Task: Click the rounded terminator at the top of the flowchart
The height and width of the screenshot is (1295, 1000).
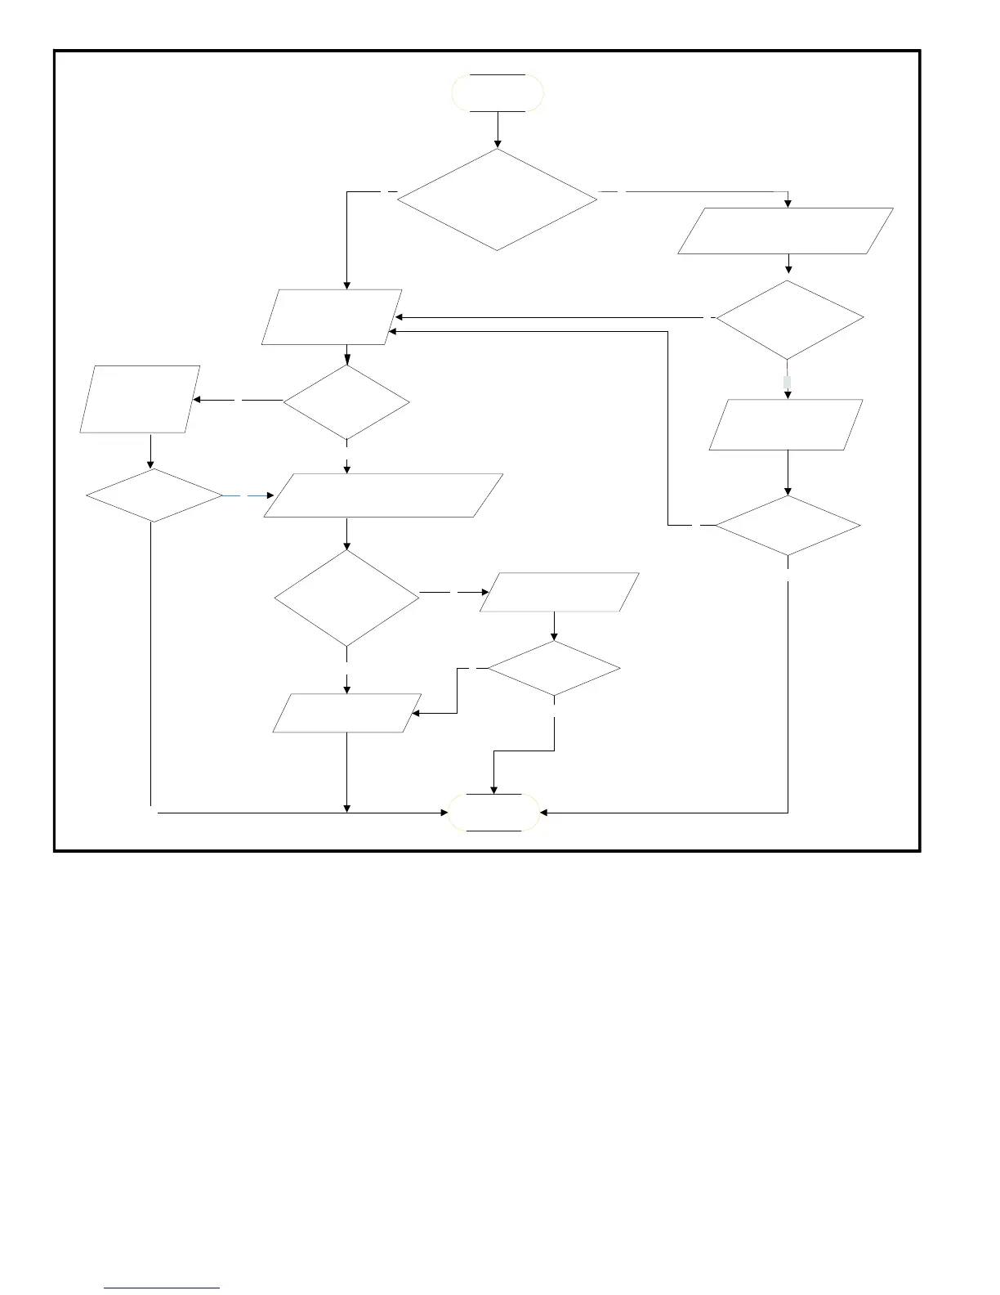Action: coord(498,92)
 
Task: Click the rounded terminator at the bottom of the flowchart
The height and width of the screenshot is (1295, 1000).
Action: coord(493,813)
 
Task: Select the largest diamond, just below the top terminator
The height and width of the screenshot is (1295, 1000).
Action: coord(497,199)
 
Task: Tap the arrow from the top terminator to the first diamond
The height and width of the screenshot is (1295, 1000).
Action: coord(498,130)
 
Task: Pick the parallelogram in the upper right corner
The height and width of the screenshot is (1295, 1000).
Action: coord(785,231)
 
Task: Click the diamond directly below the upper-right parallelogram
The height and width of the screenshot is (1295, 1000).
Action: coord(789,320)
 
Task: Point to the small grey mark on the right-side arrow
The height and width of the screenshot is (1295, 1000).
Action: coord(788,382)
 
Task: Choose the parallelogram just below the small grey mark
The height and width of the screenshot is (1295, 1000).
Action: coord(786,424)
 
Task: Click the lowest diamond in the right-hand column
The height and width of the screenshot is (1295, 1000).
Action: coord(788,526)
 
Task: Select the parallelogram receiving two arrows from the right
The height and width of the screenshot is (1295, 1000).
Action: coord(332,316)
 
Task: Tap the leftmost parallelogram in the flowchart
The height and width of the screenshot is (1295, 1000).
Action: coord(140,399)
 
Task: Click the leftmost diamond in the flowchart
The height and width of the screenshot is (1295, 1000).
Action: coord(154,495)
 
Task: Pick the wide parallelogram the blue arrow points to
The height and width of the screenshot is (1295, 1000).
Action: coord(383,495)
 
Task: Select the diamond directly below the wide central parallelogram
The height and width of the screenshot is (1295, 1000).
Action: coord(346,598)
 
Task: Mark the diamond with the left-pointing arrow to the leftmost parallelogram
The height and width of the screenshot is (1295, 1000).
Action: coord(346,401)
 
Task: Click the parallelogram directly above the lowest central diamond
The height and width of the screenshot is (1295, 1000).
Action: coord(559,592)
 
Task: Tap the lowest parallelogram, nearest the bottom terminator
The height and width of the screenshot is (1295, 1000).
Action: coord(346,713)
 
